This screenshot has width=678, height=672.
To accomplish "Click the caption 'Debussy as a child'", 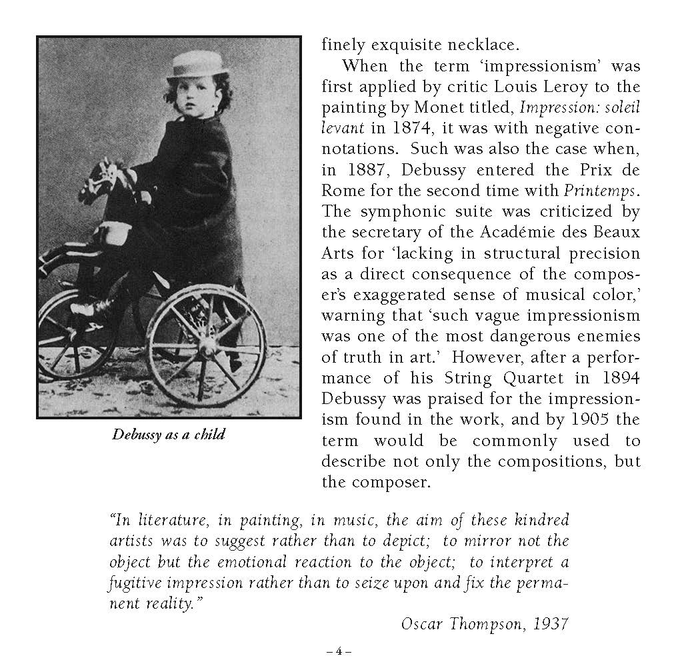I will (169, 435).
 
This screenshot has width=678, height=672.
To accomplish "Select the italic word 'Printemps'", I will (599, 190).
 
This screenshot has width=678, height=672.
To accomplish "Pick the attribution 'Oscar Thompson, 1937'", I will (485, 624).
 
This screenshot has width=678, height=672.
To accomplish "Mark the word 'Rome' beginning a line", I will (342, 190).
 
